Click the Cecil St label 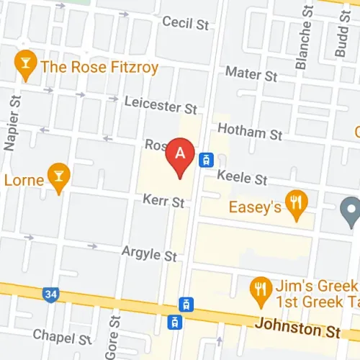(185, 23)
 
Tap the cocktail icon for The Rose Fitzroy (25, 66)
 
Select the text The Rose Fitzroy (99, 67)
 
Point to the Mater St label (251, 73)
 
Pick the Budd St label (340, 32)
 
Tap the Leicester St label (161, 106)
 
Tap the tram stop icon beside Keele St (207, 159)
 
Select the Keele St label (242, 177)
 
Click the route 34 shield (50, 294)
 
